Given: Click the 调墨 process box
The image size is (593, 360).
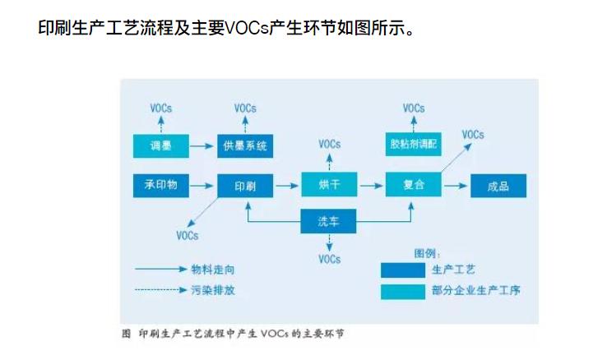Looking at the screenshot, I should point(160,146).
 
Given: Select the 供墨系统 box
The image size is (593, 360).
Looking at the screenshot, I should point(245,146).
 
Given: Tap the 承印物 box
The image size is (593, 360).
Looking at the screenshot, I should point(160,185).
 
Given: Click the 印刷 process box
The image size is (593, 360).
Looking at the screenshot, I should point(245,186).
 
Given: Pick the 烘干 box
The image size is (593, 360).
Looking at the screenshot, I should point(329,186).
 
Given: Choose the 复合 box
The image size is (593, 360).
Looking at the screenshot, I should point(414,186).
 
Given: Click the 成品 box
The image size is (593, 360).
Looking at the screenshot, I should point(498,186).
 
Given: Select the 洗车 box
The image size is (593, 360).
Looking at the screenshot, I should point(329,219).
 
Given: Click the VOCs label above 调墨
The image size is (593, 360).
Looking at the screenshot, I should point(161,109).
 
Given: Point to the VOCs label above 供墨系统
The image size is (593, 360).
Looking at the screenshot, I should point(245,108).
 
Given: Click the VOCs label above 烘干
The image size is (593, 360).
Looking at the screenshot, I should point(329,144).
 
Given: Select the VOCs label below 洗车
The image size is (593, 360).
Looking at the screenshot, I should point(329,259).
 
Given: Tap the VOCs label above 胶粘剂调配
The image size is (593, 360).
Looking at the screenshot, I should point(414,108).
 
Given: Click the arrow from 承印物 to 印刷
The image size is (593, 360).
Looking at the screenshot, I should point(203,186).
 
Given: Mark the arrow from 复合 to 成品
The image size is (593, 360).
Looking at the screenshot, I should point(456,186).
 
